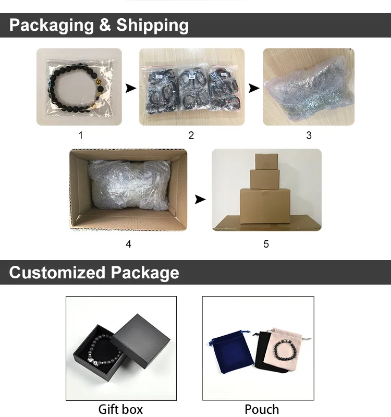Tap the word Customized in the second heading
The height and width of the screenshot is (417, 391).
tap(57, 273)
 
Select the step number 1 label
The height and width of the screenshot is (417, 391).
tap(80, 136)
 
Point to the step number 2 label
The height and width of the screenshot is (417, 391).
tap(191, 136)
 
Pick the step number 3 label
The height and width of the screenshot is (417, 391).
tap(309, 136)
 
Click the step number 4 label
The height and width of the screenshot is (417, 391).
tap(128, 244)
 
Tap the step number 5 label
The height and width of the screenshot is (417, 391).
tap(266, 244)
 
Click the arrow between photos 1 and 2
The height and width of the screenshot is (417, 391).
tap(131, 89)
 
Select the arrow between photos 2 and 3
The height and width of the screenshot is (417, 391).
tap(254, 89)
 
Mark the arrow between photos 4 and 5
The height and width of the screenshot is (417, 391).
tap(200, 199)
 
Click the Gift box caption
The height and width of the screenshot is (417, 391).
tap(120, 409)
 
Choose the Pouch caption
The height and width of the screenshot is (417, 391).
tap(262, 409)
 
